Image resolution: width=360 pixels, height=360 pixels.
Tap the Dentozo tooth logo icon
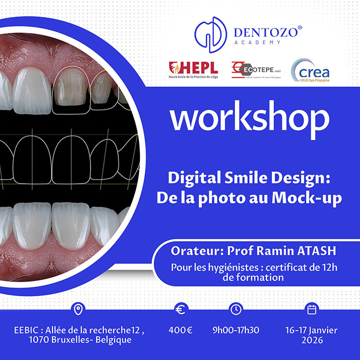[210, 32]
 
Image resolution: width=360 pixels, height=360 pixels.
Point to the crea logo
[311, 70]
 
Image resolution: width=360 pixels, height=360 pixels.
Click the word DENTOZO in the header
[265, 32]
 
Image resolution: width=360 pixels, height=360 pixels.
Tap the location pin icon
[78, 309]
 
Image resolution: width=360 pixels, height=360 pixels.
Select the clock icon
[236, 309]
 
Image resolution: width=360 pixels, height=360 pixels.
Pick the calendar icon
[311, 309]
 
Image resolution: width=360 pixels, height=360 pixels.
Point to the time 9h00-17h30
[236, 330]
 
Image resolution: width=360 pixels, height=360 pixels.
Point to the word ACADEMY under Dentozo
[265, 42]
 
